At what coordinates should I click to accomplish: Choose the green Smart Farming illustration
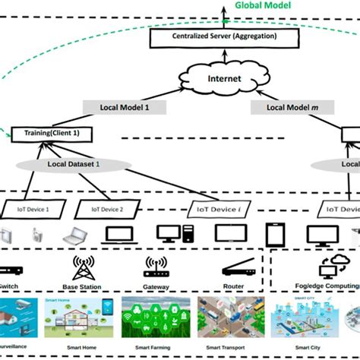(159, 315)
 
